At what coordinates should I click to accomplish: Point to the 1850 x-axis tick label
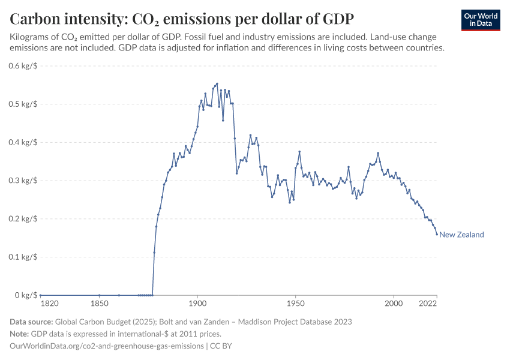[x=99, y=305]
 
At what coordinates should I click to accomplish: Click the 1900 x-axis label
[x=197, y=305]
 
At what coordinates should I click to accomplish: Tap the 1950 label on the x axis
[x=295, y=305]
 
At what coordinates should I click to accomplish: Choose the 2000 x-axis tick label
[x=394, y=305]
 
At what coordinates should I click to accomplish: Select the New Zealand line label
[x=461, y=235]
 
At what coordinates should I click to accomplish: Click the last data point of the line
[x=437, y=234]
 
